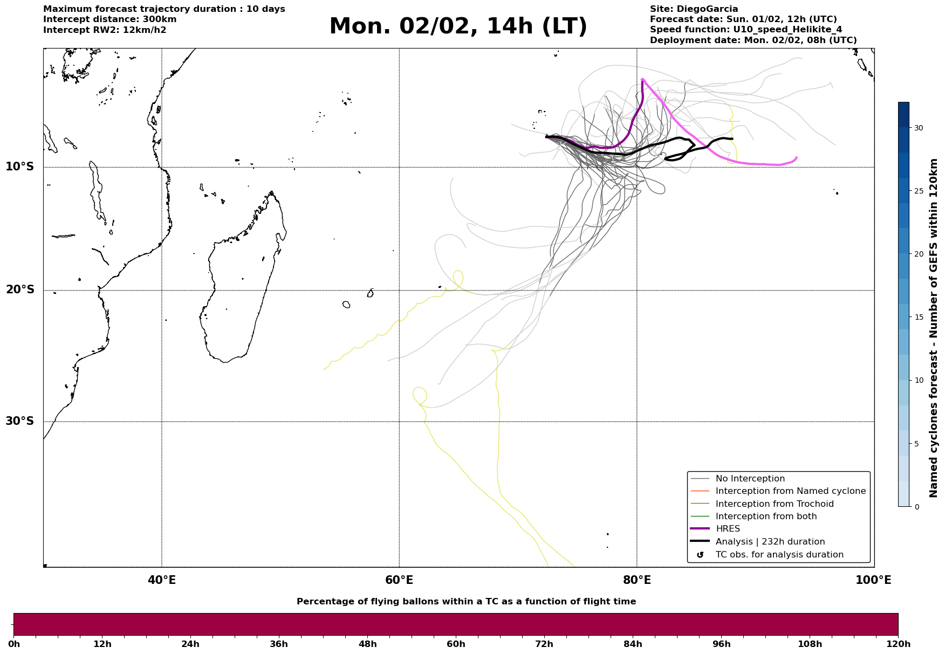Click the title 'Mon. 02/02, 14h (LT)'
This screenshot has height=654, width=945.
(458, 26)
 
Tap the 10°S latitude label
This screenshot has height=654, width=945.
(20, 167)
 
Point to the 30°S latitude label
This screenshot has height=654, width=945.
(20, 421)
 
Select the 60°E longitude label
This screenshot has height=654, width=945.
(399, 580)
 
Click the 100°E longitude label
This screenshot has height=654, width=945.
(873, 580)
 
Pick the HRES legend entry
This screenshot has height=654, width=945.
(728, 529)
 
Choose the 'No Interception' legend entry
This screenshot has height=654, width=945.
(750, 479)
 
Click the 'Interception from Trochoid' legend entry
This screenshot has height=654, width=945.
(774, 504)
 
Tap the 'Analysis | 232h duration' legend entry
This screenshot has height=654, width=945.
(770, 542)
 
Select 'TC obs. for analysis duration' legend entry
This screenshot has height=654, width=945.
(779, 555)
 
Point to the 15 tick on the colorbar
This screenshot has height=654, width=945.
(917, 317)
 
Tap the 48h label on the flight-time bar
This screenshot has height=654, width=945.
(368, 644)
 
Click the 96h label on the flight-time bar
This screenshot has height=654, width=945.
(722, 644)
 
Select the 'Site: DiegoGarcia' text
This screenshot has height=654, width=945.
(694, 9)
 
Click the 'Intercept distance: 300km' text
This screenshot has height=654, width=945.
(109, 19)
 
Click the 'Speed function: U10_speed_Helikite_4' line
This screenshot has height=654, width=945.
(745, 30)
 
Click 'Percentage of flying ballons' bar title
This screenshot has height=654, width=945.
(466, 602)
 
